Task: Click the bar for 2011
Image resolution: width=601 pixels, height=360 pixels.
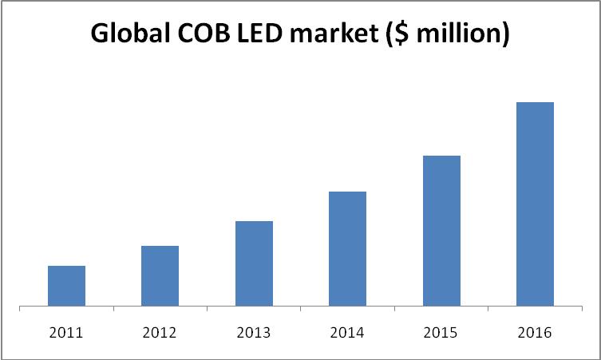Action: [66, 286]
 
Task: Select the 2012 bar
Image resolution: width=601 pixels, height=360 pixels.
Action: [160, 275]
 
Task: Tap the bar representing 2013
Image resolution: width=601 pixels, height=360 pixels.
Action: [254, 263]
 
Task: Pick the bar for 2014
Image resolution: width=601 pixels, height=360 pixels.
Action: [347, 248]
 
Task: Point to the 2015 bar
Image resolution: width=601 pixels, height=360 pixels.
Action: [441, 231]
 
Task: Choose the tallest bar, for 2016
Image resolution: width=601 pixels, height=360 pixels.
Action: [535, 204]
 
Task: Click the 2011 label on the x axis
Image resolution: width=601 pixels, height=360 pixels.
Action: [66, 332]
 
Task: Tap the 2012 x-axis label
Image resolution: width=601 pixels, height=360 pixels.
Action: [160, 332]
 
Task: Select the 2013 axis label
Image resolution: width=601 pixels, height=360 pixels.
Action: [254, 332]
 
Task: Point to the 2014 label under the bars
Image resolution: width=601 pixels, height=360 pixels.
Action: [347, 332]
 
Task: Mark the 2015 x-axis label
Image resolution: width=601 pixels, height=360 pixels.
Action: [441, 332]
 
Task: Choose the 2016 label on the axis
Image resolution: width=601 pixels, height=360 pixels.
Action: [535, 332]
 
